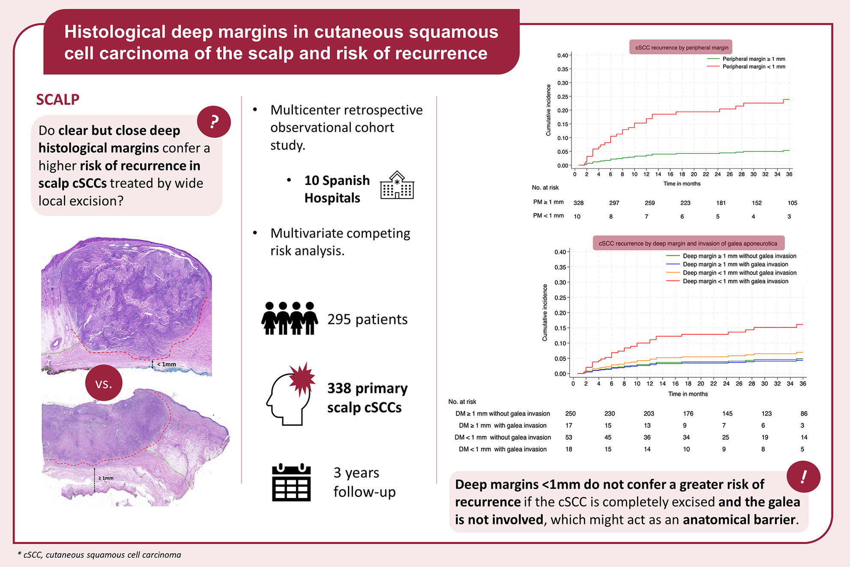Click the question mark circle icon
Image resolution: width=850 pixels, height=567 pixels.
214,122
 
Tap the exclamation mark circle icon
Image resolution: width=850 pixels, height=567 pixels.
803,477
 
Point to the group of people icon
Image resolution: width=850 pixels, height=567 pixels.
290,318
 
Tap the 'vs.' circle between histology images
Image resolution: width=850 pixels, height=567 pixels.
104,383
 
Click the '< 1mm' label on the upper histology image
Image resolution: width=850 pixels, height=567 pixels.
167,364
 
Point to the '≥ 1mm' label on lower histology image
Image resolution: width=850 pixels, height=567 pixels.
106,478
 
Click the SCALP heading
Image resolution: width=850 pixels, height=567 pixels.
57,99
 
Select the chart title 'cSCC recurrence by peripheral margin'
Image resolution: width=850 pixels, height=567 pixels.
682,48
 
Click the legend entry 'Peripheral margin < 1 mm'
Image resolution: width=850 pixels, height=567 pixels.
754,67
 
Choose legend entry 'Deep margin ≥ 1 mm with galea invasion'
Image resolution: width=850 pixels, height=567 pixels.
735,264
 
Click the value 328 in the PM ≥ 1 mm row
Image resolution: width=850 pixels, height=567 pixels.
578,203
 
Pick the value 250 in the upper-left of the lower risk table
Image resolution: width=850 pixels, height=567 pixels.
570,414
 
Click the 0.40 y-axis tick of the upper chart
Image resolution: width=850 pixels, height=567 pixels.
563,55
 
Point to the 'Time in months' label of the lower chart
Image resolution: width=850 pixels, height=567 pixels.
688,394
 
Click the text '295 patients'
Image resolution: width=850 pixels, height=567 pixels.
367,319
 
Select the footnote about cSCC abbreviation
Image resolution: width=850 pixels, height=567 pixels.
99,555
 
